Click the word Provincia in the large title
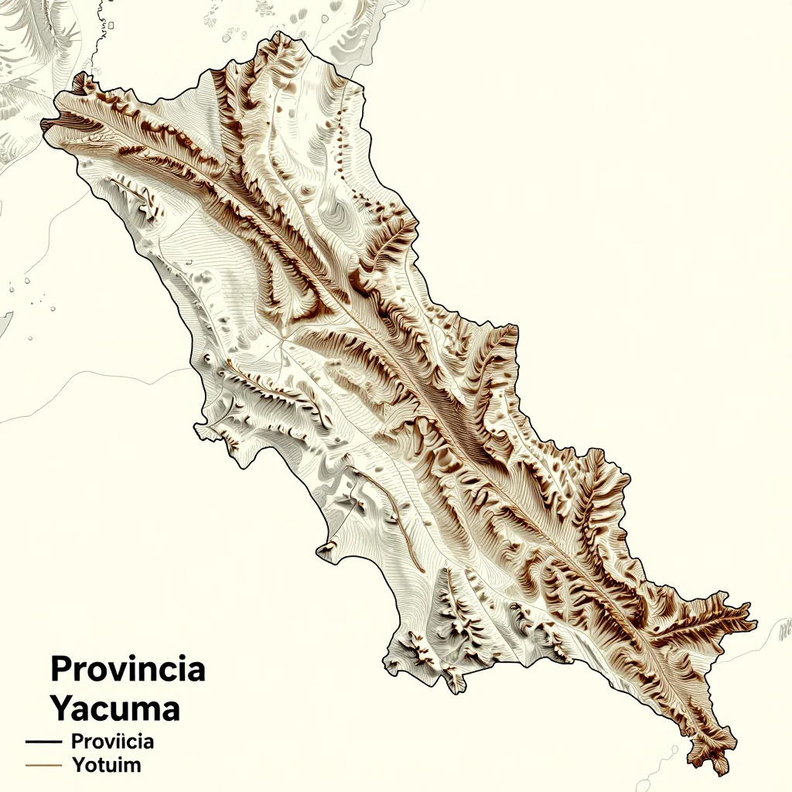coord(128,669)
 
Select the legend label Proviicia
coord(112,741)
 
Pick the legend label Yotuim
coord(106,766)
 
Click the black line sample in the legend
coord(43,741)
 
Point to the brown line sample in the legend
coord(43,766)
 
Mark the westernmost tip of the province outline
coord(43,124)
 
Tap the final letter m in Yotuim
coord(132,766)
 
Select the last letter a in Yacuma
coord(169,709)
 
